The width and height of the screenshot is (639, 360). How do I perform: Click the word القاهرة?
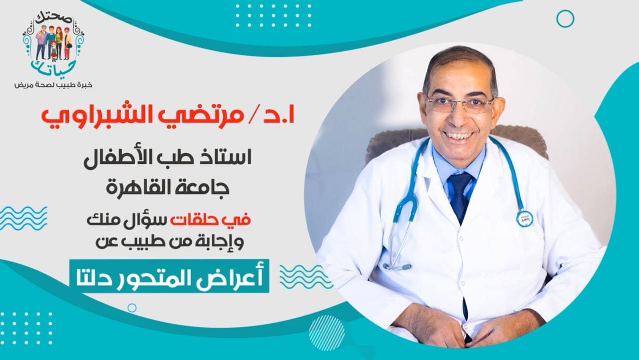coord(140,188)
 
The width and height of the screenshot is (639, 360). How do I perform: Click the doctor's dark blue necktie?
coord(460,197)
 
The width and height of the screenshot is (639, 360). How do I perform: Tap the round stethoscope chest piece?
coord(524,218)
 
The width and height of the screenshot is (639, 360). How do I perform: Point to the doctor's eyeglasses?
coord(459,104)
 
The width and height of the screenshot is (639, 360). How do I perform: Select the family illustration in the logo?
coord(53,43)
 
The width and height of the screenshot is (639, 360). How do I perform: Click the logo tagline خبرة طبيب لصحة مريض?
coord(53,85)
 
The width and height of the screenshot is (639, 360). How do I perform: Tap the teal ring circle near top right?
coord(565,19)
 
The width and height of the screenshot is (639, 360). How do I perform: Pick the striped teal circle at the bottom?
coord(326,333)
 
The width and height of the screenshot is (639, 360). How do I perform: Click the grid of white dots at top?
coord(273,15)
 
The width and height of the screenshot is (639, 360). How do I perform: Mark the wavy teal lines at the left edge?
coord(23,218)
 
